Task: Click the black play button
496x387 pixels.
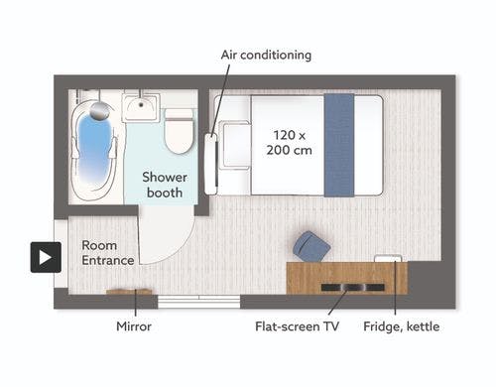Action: [46, 257]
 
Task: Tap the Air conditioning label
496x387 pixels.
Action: [266, 55]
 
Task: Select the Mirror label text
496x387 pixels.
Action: [134, 326]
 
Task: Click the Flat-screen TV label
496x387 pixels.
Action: [297, 326]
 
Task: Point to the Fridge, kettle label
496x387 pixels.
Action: [402, 326]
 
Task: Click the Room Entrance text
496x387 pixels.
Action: [108, 253]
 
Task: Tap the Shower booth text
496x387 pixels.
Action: [165, 185]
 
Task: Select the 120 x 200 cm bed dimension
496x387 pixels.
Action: [290, 143]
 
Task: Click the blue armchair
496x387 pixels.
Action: [311, 246]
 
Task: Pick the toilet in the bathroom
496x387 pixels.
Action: [179, 131]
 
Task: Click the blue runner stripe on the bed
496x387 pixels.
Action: [339, 145]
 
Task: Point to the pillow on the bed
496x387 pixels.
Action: [236, 145]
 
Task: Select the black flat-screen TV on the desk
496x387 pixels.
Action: [353, 288]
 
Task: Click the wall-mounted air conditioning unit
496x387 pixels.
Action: [210, 164]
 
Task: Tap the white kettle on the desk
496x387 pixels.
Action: [388, 258]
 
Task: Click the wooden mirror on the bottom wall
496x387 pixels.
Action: [129, 292]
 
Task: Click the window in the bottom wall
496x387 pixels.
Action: [199, 302]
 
